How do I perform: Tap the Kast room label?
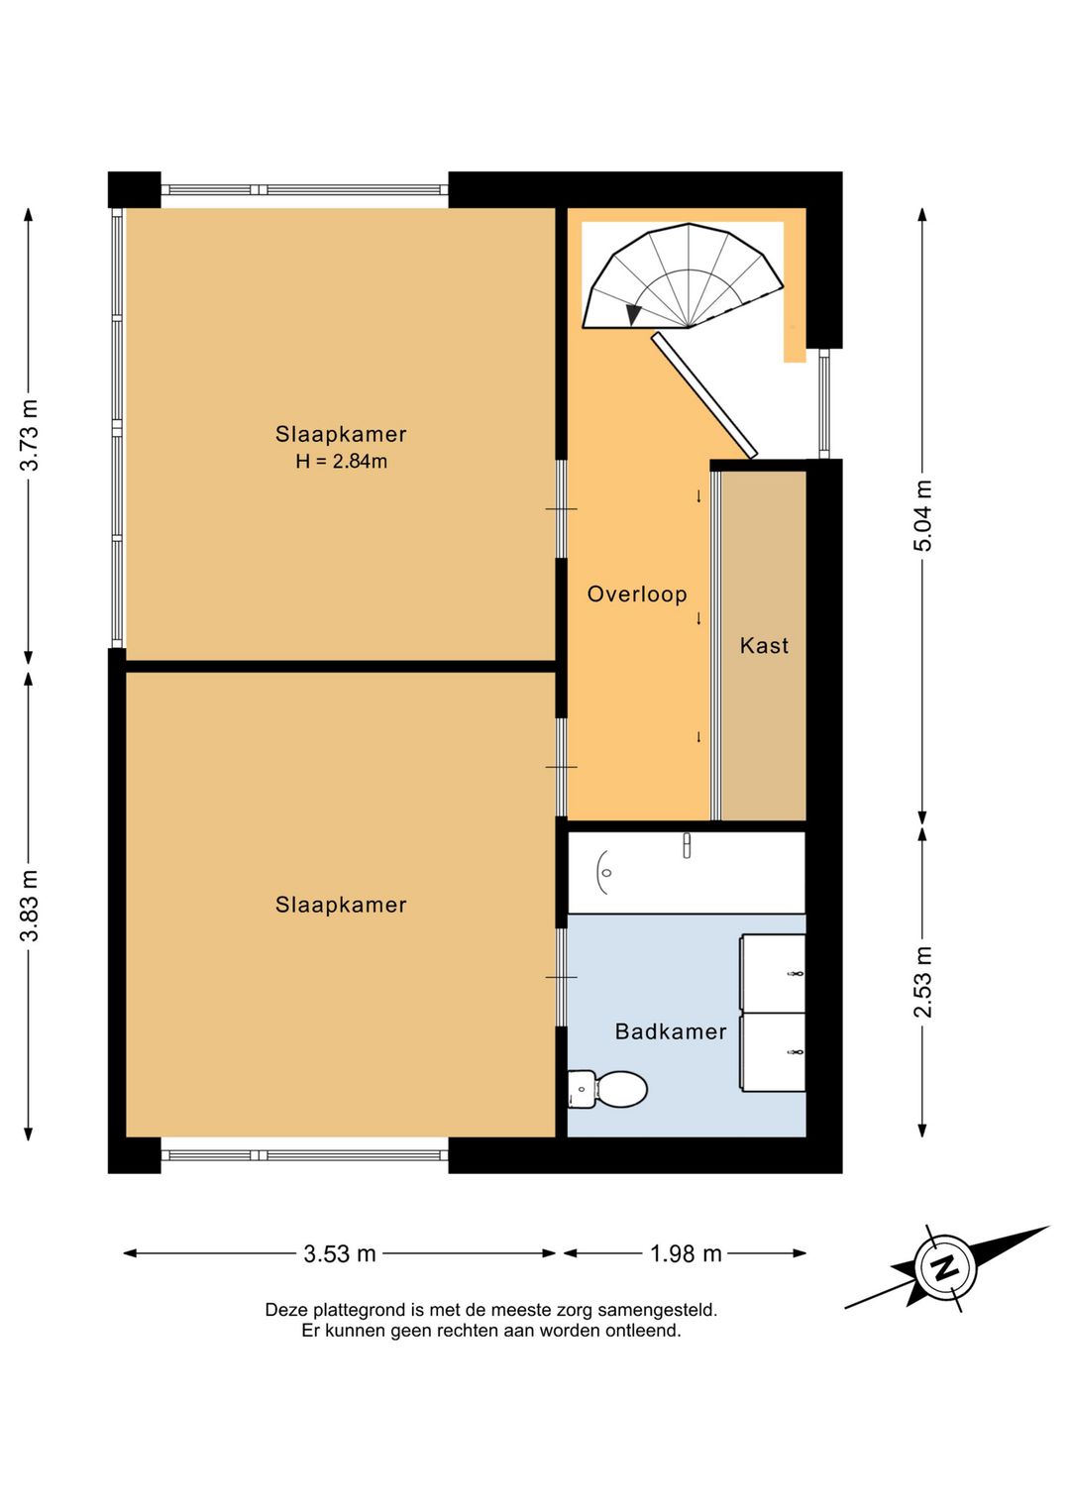[764, 645]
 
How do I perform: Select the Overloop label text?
[637, 594]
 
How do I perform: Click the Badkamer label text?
[671, 1031]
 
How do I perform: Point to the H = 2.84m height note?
[341, 462]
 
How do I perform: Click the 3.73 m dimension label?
[30, 434]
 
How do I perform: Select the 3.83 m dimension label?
[30, 906]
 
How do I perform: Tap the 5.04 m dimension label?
[922, 515]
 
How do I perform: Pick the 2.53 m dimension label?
[922, 982]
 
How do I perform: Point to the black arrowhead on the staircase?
[633, 314]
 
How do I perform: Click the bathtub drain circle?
[606, 873]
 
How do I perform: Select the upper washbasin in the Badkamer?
[773, 973]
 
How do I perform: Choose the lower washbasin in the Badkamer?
[773, 1051]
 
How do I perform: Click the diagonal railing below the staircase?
[704, 395]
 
